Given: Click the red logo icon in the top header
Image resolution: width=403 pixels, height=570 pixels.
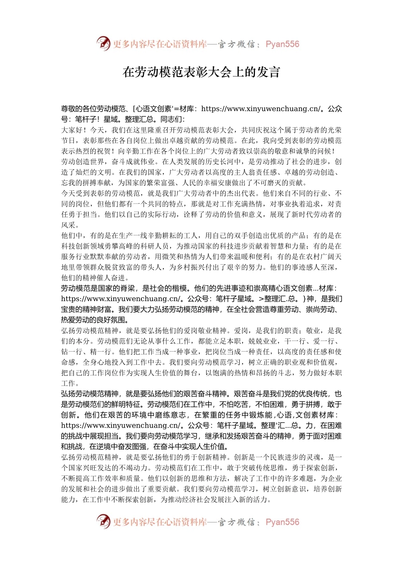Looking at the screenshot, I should pos(103,43).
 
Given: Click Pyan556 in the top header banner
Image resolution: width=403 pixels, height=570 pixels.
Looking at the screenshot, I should pos(282,44).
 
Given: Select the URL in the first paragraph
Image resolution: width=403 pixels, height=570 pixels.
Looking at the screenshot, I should pos(260,109).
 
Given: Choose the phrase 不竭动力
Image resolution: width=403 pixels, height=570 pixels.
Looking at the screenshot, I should pos(134,468).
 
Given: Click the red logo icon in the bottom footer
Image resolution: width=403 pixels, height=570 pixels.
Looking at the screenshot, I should pos(103,521).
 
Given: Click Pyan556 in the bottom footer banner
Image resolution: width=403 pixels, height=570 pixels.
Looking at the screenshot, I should pos(282,522).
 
